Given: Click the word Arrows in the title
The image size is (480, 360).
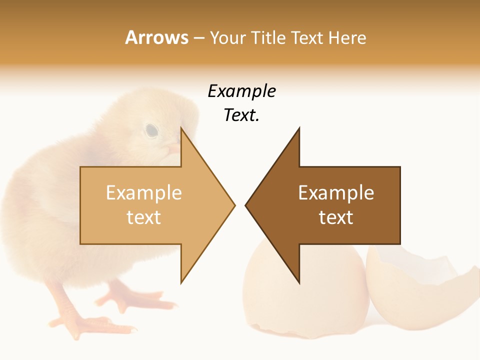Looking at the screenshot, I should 157,37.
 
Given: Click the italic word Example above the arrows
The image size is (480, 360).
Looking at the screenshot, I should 241,91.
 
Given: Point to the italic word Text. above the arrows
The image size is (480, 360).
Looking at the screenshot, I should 241,115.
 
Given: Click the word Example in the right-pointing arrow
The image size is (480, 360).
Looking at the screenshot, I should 144,193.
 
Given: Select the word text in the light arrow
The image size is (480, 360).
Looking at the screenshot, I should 144,217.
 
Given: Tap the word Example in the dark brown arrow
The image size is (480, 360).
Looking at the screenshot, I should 336,193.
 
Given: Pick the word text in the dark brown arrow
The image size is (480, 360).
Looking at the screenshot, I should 336,217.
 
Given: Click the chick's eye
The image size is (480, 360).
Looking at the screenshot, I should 151,131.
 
